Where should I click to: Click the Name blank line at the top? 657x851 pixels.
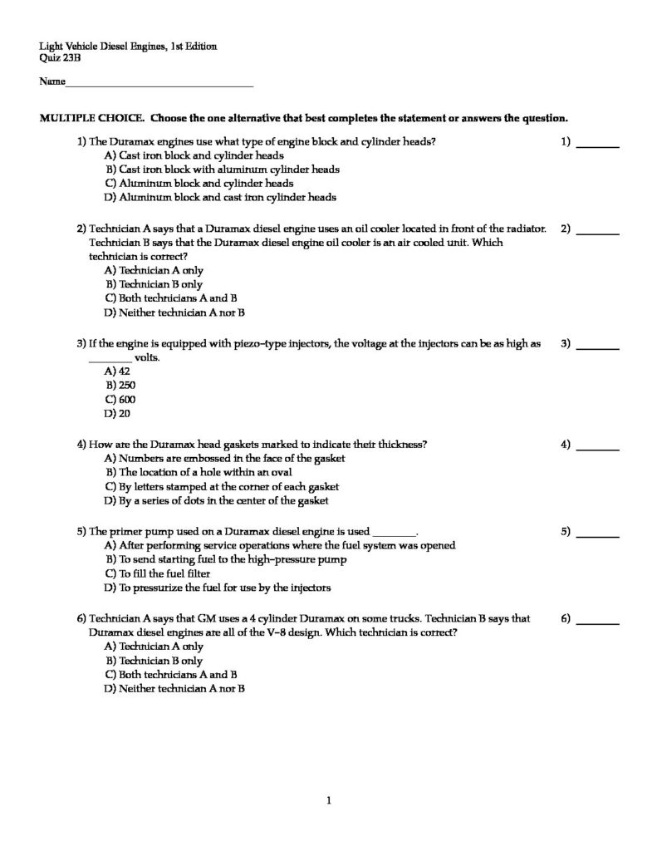click(158, 85)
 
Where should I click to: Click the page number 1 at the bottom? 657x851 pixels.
click(329, 800)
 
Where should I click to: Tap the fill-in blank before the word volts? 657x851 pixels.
click(109, 358)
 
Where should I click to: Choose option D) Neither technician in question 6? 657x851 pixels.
click(174, 688)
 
